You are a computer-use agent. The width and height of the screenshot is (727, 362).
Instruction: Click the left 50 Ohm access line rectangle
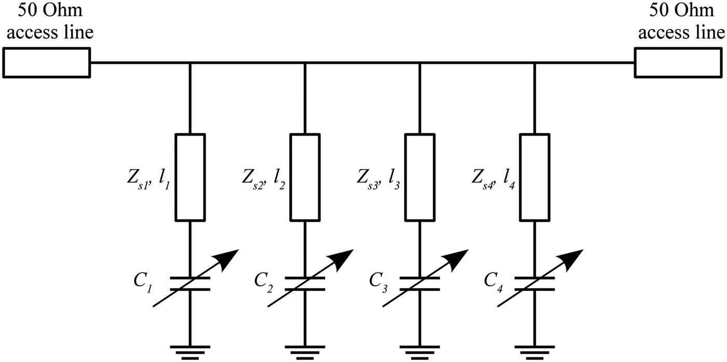click(46, 63)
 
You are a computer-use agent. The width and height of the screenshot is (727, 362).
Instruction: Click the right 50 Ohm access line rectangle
click(679, 63)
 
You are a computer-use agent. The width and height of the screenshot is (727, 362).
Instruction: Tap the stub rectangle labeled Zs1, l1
click(190, 177)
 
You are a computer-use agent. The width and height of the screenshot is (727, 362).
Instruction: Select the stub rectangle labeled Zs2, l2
click(305, 177)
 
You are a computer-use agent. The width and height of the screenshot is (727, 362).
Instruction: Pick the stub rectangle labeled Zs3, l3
click(420, 177)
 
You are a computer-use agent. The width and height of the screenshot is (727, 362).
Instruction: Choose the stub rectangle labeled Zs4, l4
click(534, 177)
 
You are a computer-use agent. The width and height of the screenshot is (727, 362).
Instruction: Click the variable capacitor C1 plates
click(190, 283)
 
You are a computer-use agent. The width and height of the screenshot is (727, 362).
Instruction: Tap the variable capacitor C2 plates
click(305, 283)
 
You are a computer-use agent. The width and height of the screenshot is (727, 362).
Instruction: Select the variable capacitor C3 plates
click(420, 283)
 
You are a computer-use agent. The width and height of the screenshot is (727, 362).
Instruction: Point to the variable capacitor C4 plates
click(534, 283)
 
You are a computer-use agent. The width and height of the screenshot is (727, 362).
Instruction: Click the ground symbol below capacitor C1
click(190, 351)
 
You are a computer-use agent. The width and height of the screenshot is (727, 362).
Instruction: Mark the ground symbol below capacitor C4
click(534, 351)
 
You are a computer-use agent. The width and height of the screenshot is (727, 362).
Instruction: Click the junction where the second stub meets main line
click(305, 63)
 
